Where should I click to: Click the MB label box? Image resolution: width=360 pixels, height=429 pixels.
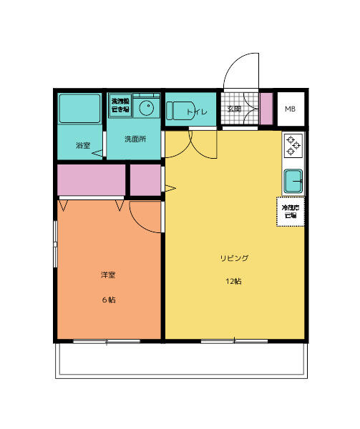point(290,109)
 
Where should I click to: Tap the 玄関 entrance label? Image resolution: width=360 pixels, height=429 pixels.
point(234,109)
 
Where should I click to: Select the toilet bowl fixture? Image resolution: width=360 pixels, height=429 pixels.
point(177,111)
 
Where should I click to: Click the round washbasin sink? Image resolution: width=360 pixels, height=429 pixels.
point(147,109)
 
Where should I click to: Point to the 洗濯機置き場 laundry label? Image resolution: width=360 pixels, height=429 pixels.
point(120,106)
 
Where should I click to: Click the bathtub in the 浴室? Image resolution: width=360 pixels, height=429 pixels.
point(80,108)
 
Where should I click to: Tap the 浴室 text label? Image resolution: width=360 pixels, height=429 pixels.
point(83,146)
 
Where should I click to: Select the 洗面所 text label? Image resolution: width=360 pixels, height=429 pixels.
point(135,139)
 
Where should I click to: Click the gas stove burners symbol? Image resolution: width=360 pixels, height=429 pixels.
point(294,146)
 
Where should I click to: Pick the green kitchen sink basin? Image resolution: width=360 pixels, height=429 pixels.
point(294,181)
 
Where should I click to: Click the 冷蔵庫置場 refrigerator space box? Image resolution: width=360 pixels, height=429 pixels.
point(291,212)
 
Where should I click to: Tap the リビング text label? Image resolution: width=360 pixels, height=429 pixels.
point(234,257)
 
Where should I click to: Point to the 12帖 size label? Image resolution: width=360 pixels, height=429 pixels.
point(234,281)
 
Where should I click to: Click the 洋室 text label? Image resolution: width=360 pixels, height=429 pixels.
point(107,275)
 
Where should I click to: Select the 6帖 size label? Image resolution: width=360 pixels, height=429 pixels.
point(107,300)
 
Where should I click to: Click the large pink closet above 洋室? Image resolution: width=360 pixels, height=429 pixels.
point(90,179)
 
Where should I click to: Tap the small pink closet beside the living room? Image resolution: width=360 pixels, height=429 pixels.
point(145,179)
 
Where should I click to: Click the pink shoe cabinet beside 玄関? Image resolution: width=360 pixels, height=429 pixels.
point(266,109)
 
